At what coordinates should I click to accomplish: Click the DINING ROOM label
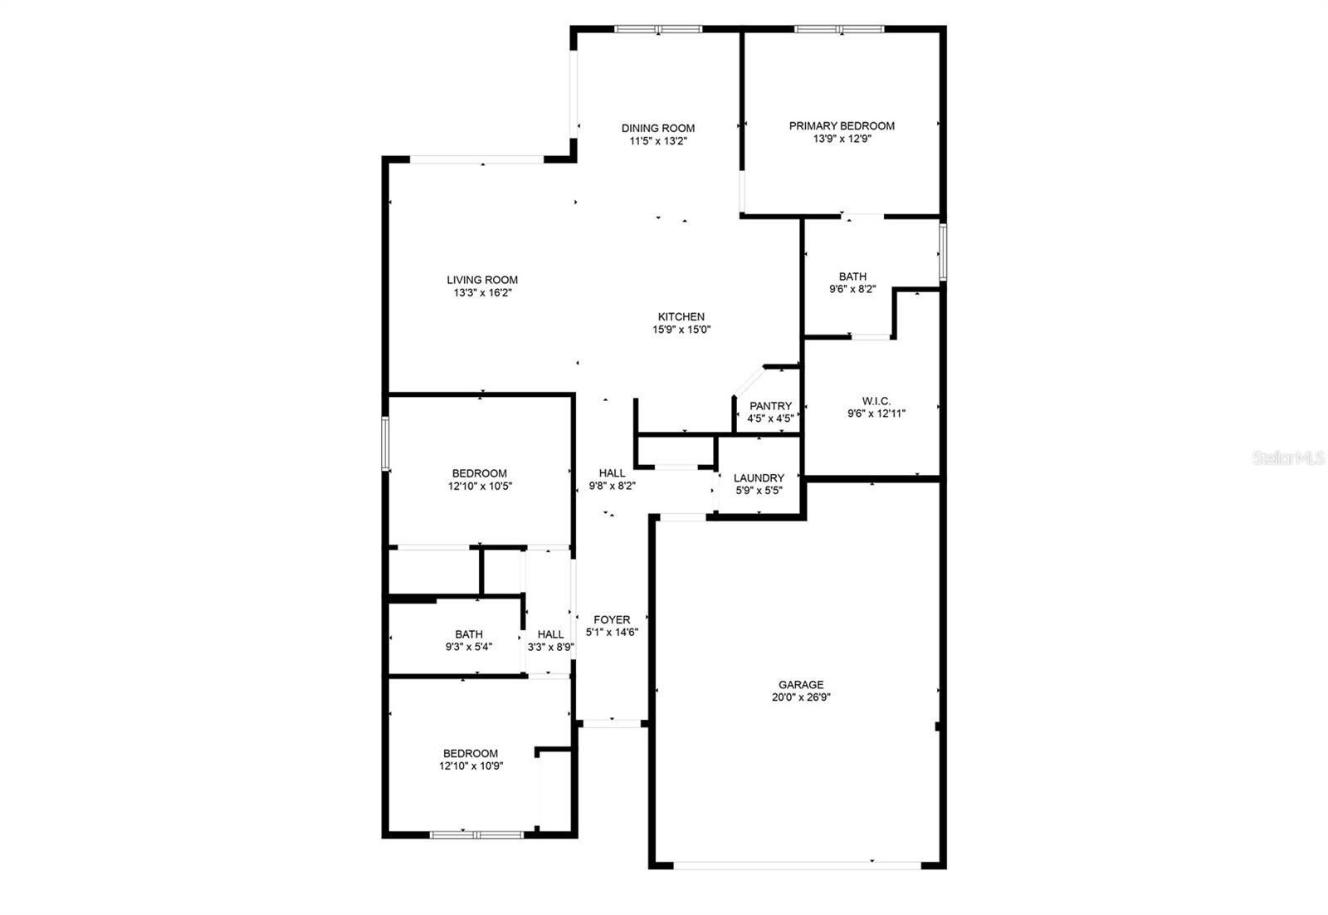tap(657, 128)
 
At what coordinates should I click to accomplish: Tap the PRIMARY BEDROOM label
tap(842, 125)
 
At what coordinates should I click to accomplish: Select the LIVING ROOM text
tap(482, 280)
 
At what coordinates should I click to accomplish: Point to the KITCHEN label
tap(681, 316)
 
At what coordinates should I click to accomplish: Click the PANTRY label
tap(770, 406)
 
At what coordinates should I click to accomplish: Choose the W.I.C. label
tap(876, 401)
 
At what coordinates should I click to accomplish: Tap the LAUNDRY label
tap(759, 478)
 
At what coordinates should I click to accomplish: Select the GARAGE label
tap(801, 684)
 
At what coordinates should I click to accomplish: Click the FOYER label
tap(612, 619)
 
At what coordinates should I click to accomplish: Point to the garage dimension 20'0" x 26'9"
tap(801, 697)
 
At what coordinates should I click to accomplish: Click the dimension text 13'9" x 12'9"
tap(842, 139)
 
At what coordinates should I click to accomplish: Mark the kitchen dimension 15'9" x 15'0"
tap(681, 330)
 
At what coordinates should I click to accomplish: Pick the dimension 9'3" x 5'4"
tap(468, 647)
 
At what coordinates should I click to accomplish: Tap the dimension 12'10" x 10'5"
tap(480, 487)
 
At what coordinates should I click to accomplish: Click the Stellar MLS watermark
tap(1287, 457)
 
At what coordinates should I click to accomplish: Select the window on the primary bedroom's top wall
tap(839, 29)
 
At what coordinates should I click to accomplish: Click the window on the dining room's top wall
tap(658, 29)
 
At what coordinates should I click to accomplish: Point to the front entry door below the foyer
tap(612, 723)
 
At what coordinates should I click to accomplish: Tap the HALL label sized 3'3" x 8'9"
tap(550, 634)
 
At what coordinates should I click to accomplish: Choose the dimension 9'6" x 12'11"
tap(876, 414)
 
